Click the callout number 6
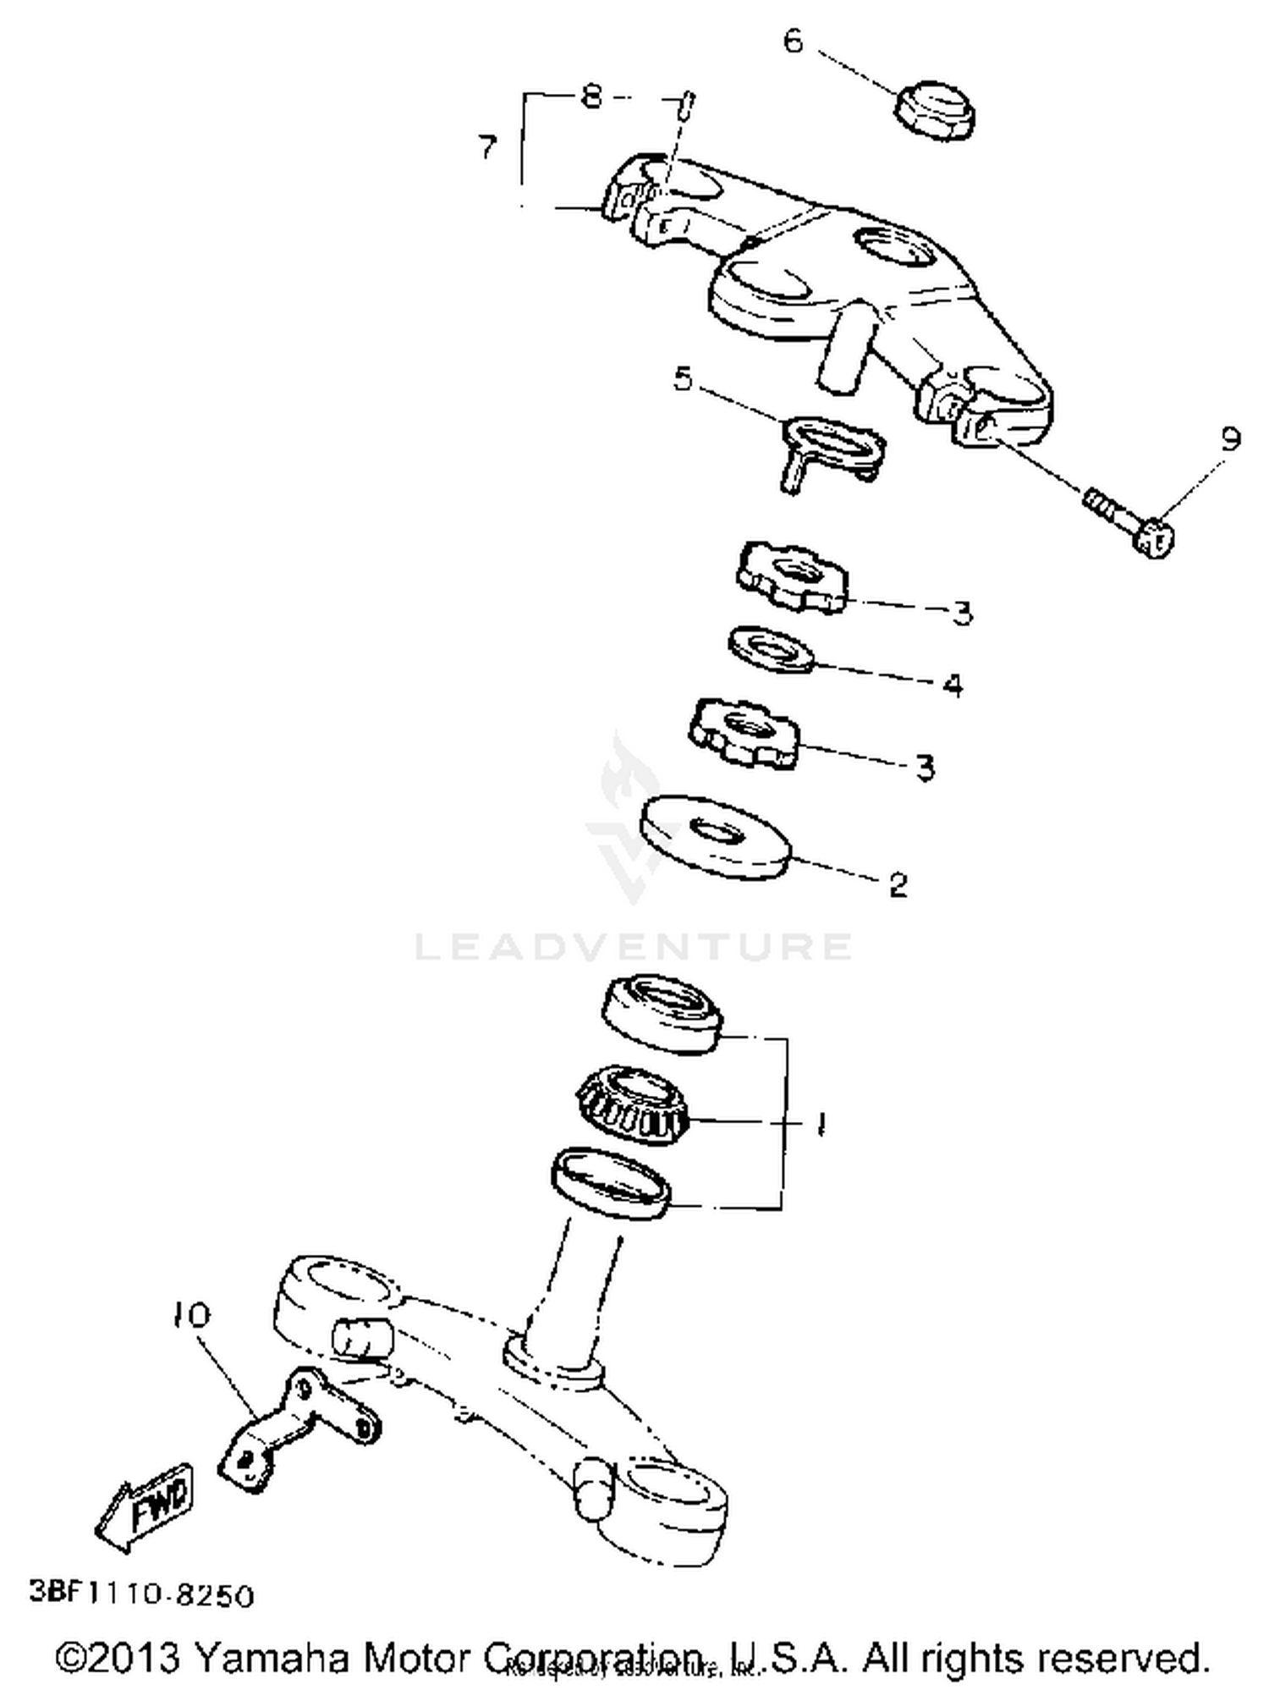(x=793, y=41)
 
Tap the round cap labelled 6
(x=935, y=111)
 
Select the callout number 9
(x=1230, y=438)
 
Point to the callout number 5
(x=683, y=378)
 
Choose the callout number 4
(x=953, y=684)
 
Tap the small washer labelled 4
(x=772, y=649)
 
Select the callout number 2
(x=898, y=884)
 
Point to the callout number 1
(x=819, y=1124)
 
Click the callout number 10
(x=191, y=1315)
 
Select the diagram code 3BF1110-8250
(x=142, y=1594)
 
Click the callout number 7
(x=486, y=148)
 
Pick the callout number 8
(x=591, y=97)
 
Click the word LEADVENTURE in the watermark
(x=633, y=946)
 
